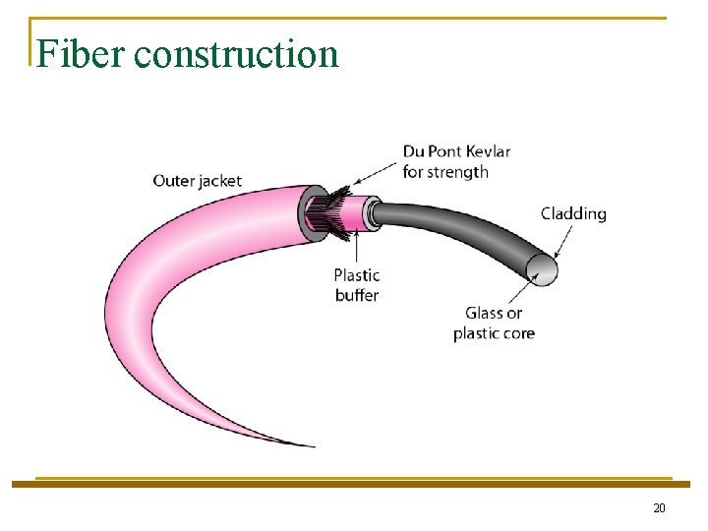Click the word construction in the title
pos(236,54)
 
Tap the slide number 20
pos(659,507)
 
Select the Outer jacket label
pos(197,181)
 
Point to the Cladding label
pos(573,213)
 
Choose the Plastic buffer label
pos(356,285)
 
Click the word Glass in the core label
pos(484,314)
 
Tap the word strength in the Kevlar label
pos(458,172)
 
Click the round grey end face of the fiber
pos(542,268)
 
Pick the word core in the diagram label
pos(518,333)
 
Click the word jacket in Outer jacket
pos(220,181)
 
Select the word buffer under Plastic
pos(356,295)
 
